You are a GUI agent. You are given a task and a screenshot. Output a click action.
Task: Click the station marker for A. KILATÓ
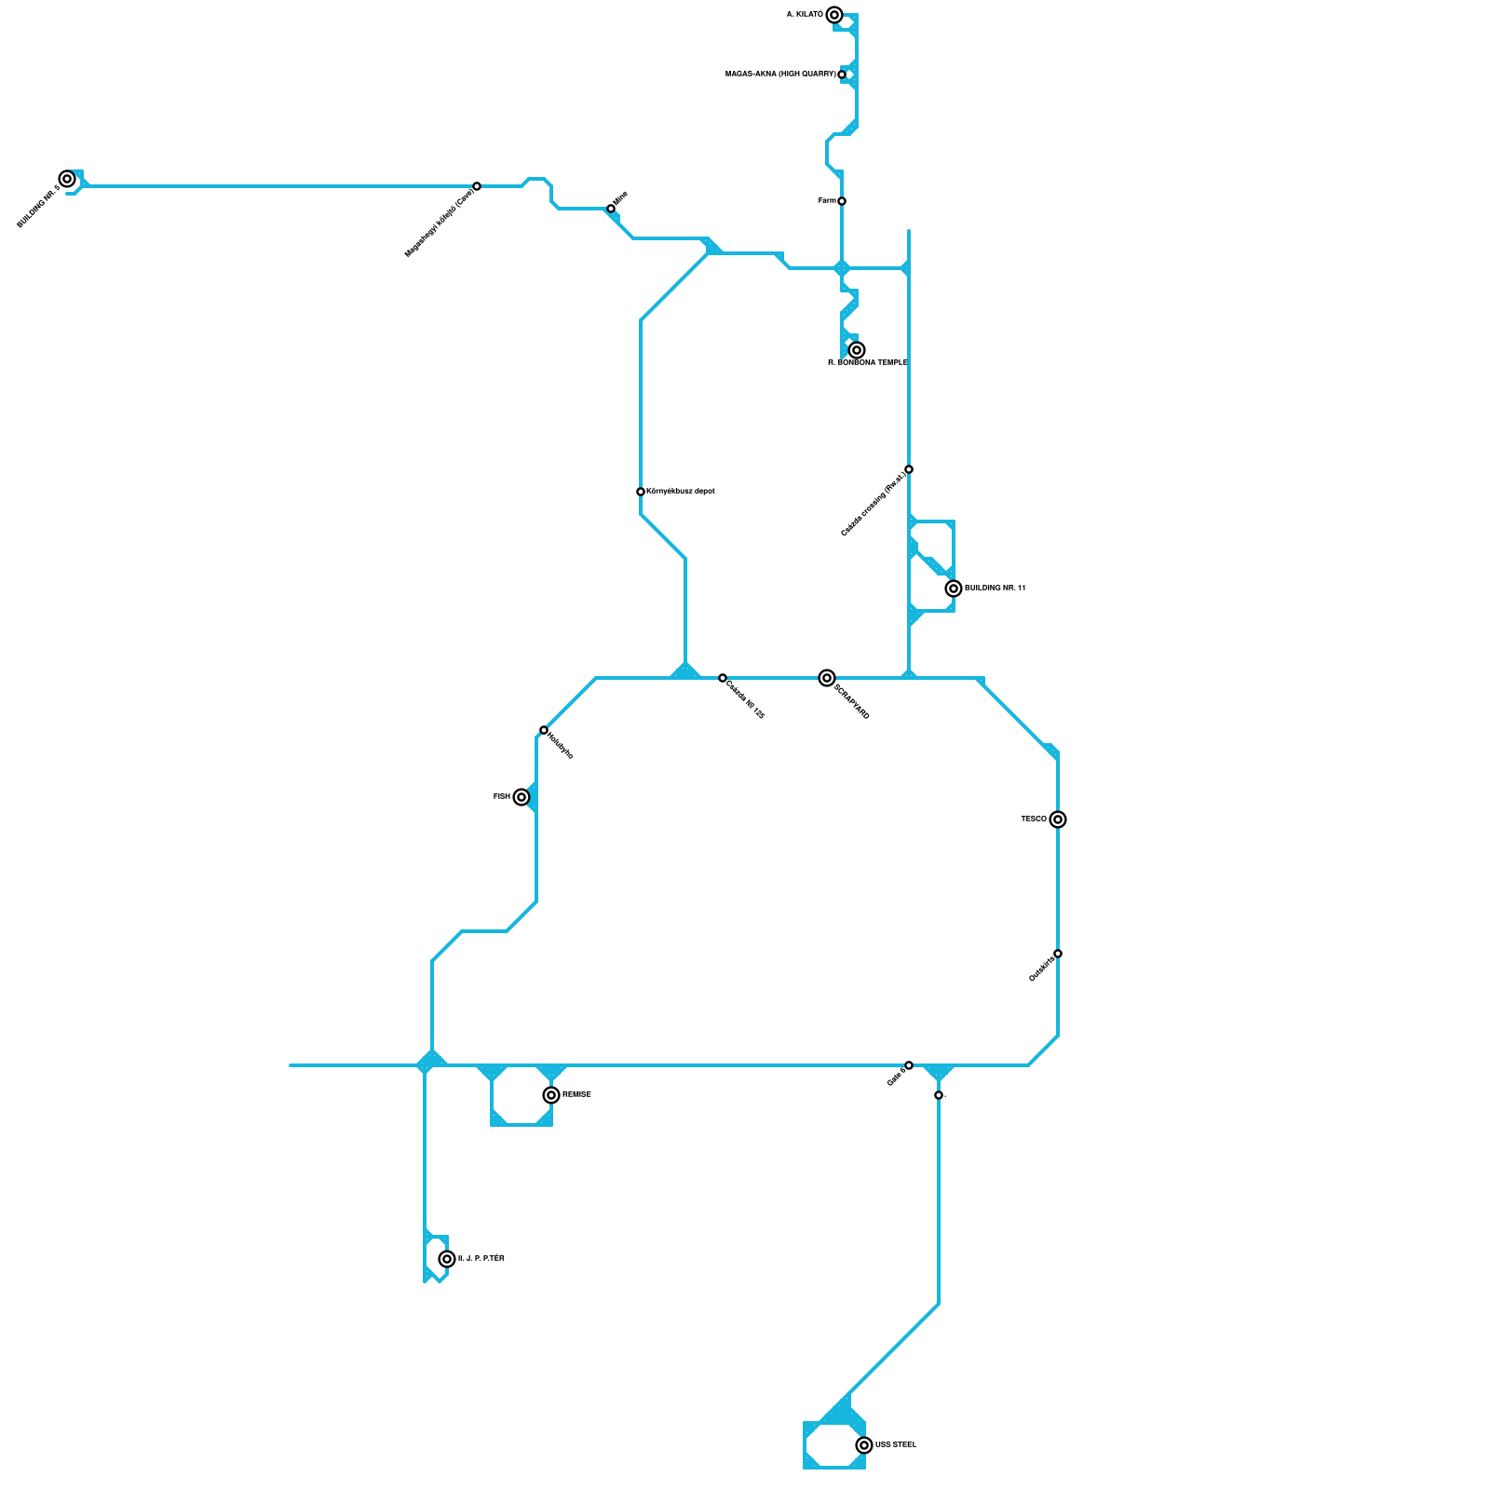pyautogui.click(x=834, y=15)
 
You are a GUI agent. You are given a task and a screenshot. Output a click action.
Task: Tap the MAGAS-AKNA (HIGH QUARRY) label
pyautogui.click(x=780, y=74)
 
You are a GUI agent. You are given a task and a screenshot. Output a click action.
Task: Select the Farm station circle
pyautogui.click(x=842, y=201)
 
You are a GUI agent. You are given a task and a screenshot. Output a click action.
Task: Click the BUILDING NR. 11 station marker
pyautogui.click(x=954, y=589)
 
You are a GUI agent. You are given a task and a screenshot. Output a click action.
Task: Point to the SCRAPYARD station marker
pyautogui.click(x=827, y=678)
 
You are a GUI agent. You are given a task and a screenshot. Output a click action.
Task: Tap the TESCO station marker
pyautogui.click(x=1058, y=819)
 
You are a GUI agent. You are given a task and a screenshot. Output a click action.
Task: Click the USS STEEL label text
pyautogui.click(x=896, y=1445)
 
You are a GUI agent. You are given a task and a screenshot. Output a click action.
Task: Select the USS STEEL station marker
pyautogui.click(x=864, y=1445)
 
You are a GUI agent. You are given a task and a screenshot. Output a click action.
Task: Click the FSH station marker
pyautogui.click(x=521, y=797)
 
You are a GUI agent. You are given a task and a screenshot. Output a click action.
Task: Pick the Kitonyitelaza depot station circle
pyautogui.click(x=641, y=492)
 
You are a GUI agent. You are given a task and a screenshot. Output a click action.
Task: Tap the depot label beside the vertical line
pyautogui.click(x=681, y=492)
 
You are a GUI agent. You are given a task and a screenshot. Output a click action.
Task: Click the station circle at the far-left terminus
pyautogui.click(x=67, y=179)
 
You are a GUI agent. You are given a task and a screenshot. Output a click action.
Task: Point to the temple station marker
pyautogui.click(x=857, y=350)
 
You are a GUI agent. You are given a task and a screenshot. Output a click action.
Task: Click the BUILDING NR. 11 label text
pyautogui.click(x=995, y=589)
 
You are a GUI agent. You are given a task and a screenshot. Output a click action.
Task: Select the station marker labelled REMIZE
pyautogui.click(x=551, y=1095)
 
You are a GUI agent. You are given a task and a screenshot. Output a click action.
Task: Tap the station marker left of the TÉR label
pyautogui.click(x=447, y=1259)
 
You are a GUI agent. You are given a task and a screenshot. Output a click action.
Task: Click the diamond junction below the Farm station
pyautogui.click(x=842, y=268)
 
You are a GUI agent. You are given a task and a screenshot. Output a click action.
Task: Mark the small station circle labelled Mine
pyautogui.click(x=611, y=209)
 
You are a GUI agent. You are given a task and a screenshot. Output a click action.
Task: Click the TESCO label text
pyautogui.click(x=1034, y=819)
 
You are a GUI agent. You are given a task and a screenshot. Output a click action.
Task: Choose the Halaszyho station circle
pyautogui.click(x=544, y=730)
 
